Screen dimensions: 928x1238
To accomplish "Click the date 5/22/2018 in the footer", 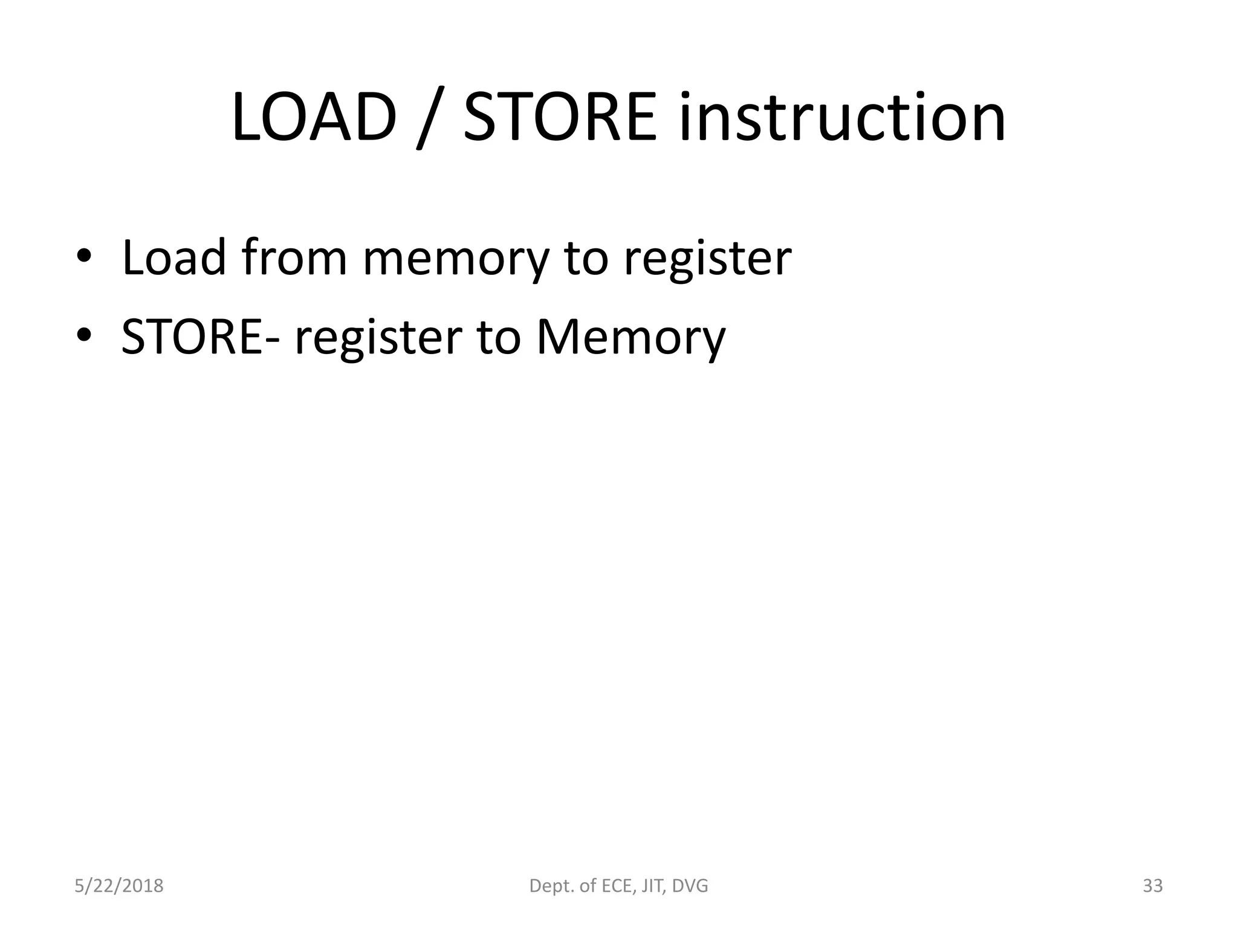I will coord(119,886).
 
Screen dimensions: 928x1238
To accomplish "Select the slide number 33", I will coord(1153,886).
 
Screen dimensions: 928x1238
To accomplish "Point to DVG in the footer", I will coord(690,886).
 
